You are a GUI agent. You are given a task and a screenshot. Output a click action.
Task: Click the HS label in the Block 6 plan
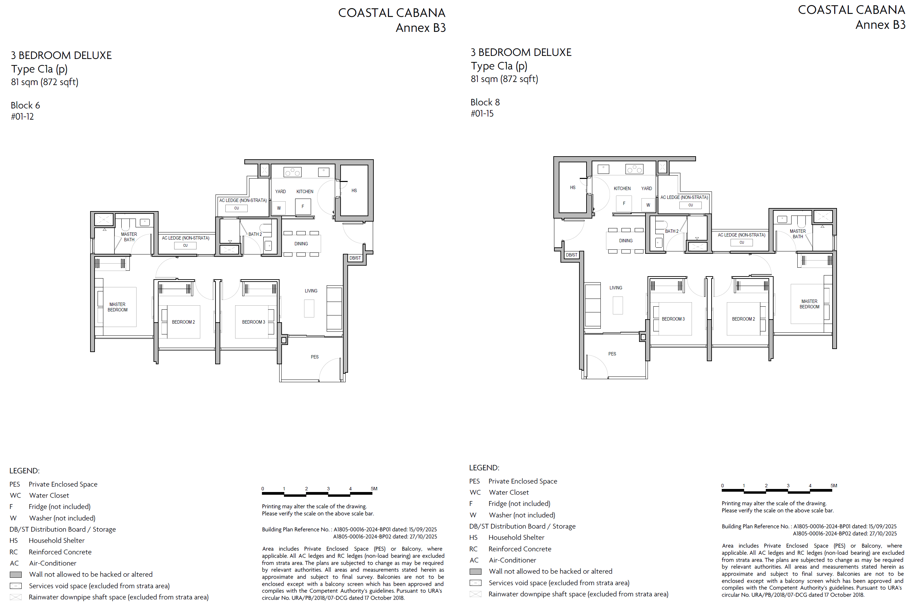point(354,191)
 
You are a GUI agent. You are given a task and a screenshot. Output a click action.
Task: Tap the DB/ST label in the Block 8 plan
point(571,255)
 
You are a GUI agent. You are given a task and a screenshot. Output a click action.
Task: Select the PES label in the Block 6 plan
point(314,357)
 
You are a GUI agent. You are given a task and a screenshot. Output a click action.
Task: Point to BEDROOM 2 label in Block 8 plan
point(743,319)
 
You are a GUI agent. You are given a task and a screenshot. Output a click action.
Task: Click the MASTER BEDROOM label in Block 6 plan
point(118,307)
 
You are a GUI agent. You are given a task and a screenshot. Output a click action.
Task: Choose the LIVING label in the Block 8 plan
point(615,288)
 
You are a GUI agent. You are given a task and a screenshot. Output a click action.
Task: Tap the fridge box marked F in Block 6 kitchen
point(303,207)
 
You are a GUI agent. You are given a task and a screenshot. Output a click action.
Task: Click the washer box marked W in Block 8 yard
point(648,205)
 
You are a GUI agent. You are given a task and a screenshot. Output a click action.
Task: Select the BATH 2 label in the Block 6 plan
point(255,234)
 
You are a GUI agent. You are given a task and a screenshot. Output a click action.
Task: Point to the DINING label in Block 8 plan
point(626,241)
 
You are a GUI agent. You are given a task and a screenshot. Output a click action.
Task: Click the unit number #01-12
point(22,117)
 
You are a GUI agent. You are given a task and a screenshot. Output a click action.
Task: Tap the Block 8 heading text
point(485,102)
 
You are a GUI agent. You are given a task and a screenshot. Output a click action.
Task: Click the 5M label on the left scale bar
point(374,489)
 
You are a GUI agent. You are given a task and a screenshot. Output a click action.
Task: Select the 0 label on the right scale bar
point(722,486)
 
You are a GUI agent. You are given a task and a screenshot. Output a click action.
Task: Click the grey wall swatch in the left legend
point(16,575)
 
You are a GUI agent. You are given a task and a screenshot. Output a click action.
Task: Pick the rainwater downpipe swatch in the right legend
point(475,594)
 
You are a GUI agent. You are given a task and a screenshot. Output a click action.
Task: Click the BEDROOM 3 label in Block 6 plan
point(253,322)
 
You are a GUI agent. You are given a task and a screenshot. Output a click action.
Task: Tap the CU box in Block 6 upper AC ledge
point(237,208)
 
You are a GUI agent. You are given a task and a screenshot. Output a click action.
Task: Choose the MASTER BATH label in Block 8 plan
point(798,234)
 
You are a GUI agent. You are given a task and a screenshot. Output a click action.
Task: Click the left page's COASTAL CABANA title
point(391,13)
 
